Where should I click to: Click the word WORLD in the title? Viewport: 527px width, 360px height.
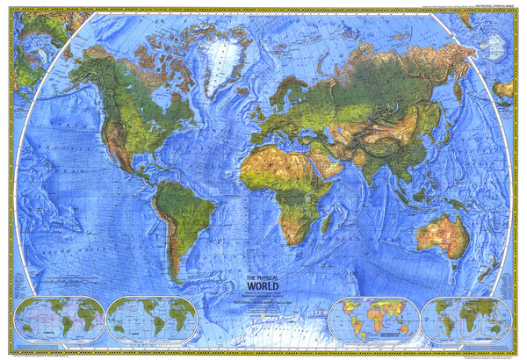click(263, 284)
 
